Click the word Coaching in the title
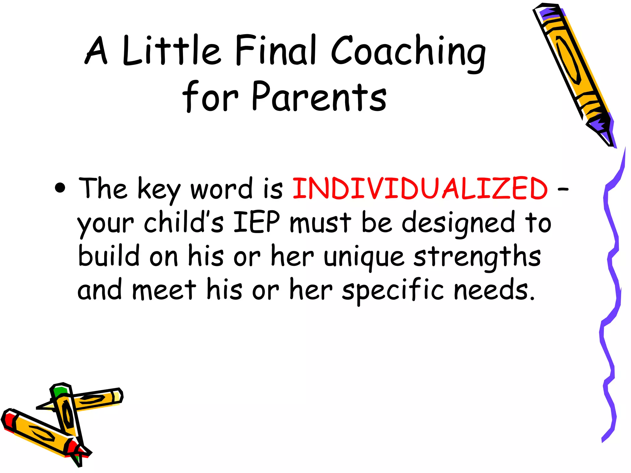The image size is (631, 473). point(408,52)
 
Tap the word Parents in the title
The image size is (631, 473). point(319,97)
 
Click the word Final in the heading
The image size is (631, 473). point(276,50)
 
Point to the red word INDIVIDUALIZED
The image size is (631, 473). point(420,188)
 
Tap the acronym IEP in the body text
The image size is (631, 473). point(257,222)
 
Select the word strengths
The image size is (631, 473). point(477,257)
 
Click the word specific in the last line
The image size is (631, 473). point(393,290)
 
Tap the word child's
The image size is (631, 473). point(183,222)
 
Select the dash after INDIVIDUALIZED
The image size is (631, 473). point(563,189)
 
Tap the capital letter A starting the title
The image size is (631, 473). point(96,51)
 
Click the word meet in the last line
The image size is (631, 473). point(164,290)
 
